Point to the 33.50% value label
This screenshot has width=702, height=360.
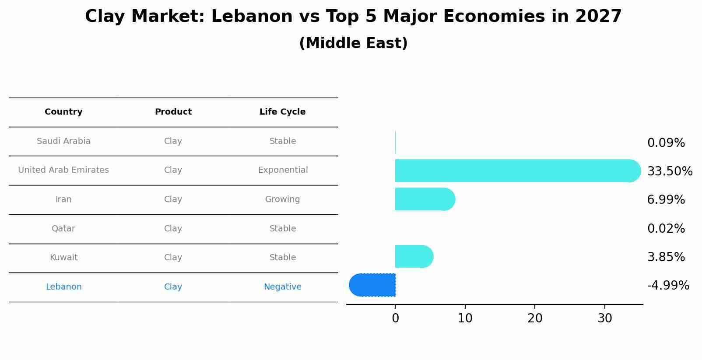tap(670, 171)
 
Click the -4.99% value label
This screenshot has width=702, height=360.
tap(668, 286)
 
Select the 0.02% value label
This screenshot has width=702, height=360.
tap(666, 228)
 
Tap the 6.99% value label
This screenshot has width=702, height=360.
tap(666, 199)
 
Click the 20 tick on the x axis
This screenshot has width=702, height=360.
tap(535, 318)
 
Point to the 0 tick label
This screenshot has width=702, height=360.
tap(395, 318)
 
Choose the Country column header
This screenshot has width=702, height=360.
tap(63, 112)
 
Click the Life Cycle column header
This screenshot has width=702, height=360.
tap(282, 112)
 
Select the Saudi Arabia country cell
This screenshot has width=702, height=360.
tap(63, 141)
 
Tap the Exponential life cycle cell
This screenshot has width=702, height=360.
tap(283, 170)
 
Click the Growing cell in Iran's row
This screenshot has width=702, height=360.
tap(282, 199)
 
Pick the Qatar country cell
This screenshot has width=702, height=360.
tap(63, 228)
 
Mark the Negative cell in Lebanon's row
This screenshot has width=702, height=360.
tap(282, 287)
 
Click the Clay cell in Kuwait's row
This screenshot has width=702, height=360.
tap(173, 258)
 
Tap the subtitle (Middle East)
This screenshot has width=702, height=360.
tap(353, 43)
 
